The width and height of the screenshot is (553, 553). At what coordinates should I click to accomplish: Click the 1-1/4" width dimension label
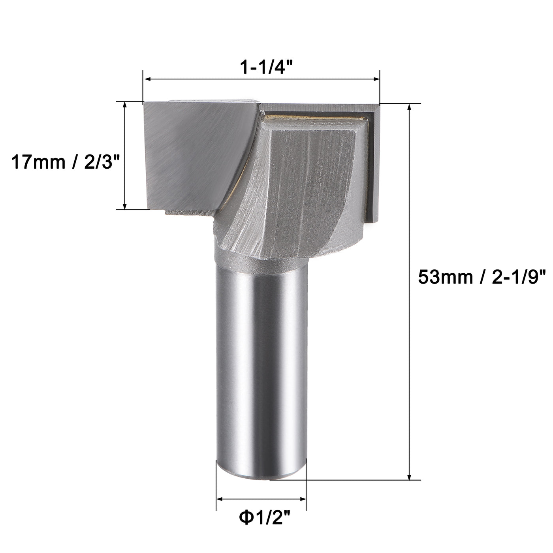click(x=261, y=68)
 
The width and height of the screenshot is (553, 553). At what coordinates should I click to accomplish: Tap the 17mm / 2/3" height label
click(x=65, y=162)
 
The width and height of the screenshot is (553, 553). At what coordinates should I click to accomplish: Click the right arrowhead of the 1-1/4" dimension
click(x=376, y=79)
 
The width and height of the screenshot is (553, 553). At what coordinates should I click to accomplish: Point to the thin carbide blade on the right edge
click(x=373, y=166)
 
